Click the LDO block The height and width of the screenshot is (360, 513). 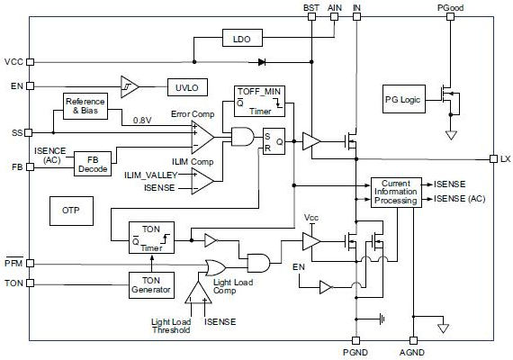242,38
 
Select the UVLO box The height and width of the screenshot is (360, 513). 187,87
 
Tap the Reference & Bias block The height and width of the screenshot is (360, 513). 85,106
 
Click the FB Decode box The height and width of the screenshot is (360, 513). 93,164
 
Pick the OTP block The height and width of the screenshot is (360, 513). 71,211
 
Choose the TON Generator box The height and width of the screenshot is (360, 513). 151,285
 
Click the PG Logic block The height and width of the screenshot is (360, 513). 404,99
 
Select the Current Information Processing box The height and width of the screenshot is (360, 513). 396,193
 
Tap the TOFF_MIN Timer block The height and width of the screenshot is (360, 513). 259,101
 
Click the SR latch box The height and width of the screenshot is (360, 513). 274,141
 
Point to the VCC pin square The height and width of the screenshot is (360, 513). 30,62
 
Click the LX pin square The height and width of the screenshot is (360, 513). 494,159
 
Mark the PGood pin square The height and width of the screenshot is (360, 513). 451,16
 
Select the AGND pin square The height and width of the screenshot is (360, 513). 413,341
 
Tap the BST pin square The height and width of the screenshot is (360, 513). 311,16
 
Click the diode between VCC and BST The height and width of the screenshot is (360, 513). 262,62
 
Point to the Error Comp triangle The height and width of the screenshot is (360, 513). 202,138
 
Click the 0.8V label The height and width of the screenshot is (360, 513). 142,121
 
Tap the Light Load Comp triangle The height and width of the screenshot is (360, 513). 198,292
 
